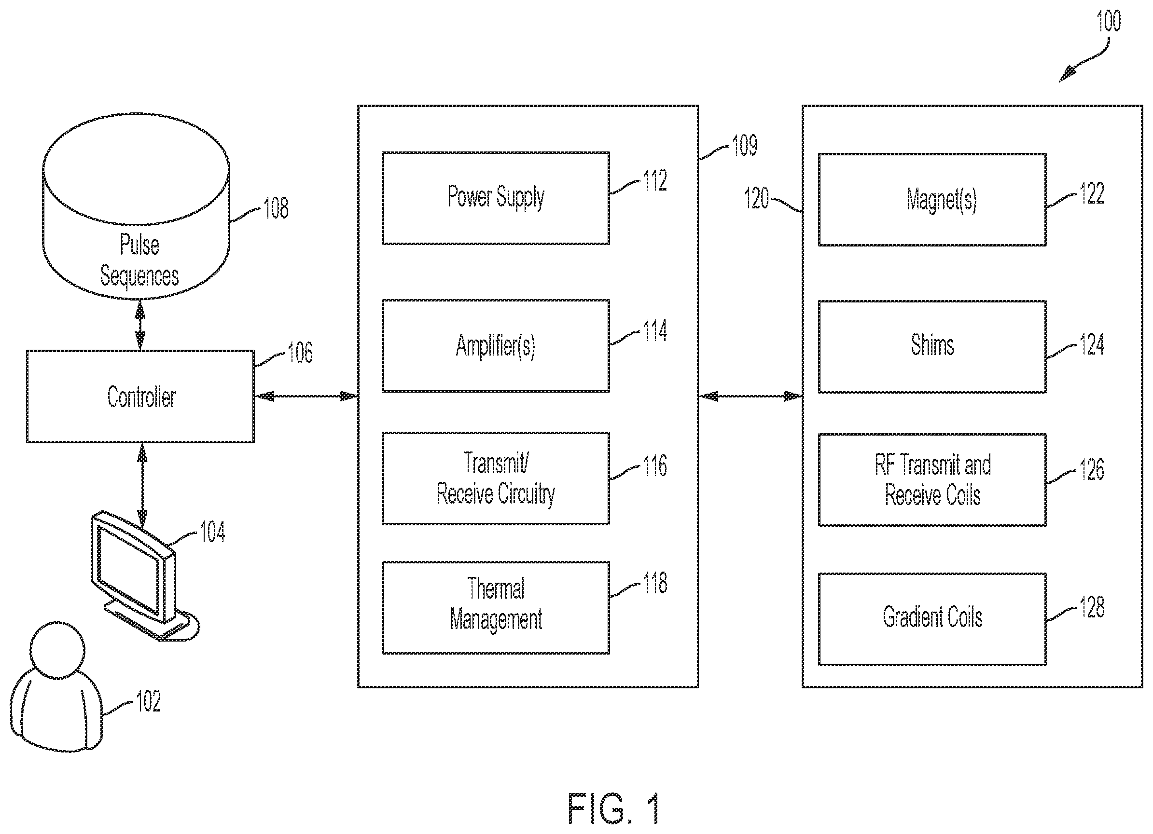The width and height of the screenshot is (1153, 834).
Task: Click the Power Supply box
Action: (x=496, y=198)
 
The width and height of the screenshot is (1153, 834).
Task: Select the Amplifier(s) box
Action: (x=496, y=345)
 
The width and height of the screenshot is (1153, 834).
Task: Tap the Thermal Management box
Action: (x=496, y=607)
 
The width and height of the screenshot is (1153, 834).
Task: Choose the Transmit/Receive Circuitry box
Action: (x=496, y=478)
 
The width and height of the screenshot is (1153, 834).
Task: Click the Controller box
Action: (x=140, y=396)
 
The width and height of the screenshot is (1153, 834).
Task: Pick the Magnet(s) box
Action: (x=932, y=200)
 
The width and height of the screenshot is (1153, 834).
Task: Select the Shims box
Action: (x=932, y=347)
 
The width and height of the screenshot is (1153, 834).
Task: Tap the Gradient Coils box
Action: (x=932, y=619)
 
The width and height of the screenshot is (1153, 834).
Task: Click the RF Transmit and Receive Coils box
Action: (x=932, y=480)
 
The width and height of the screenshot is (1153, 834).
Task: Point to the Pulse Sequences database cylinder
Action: (x=136, y=206)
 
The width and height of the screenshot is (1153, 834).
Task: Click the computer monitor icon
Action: (x=145, y=576)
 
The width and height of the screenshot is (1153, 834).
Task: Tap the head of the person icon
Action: (x=57, y=650)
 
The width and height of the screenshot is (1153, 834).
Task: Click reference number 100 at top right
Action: (x=1108, y=21)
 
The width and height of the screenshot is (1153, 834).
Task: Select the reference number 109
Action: (x=744, y=145)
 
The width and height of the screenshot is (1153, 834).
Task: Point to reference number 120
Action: (x=756, y=198)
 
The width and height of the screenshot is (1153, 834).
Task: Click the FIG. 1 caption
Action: (x=613, y=808)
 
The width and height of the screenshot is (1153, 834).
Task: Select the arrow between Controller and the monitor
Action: (x=142, y=485)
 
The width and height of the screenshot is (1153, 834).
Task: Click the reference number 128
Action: (x=1092, y=607)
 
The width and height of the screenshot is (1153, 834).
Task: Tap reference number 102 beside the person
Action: (x=149, y=701)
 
